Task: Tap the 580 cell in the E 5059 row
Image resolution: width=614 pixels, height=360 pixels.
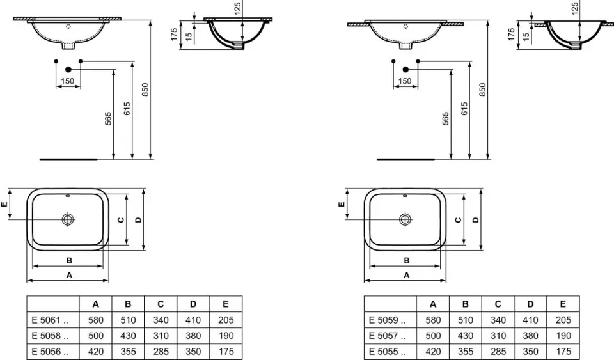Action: [x=432, y=320]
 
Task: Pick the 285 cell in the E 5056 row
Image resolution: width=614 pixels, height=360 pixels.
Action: [x=161, y=351]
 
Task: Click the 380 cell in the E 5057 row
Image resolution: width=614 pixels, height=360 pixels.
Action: [x=530, y=336]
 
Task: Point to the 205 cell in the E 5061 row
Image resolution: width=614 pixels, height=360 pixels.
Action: [x=225, y=320]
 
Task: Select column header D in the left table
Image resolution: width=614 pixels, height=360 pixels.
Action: [x=193, y=304]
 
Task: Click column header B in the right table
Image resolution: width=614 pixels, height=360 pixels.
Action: [x=465, y=304]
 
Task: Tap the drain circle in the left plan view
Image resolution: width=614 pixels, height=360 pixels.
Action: [x=68, y=219]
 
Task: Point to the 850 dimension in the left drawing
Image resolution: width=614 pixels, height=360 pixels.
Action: [x=145, y=90]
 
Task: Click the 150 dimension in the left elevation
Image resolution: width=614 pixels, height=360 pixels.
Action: [x=68, y=81]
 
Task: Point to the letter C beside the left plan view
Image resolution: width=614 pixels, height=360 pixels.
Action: [x=121, y=219]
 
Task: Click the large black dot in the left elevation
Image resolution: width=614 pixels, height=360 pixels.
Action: [x=68, y=68]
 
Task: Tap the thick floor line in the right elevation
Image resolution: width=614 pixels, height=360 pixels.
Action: [x=405, y=157]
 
